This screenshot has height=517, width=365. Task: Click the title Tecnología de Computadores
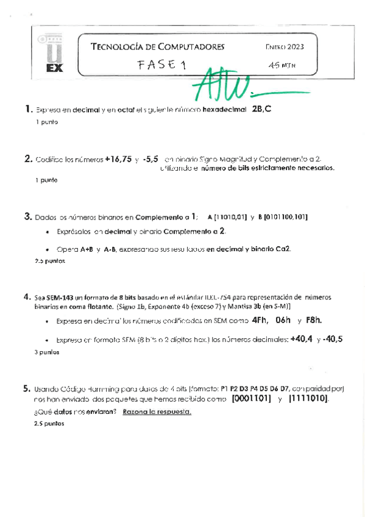(x=157, y=46)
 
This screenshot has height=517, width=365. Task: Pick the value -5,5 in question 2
(x=151, y=159)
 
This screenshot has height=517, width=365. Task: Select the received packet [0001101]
(x=252, y=399)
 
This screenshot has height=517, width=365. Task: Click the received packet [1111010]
(x=308, y=399)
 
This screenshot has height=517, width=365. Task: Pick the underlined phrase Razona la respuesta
(x=157, y=412)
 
